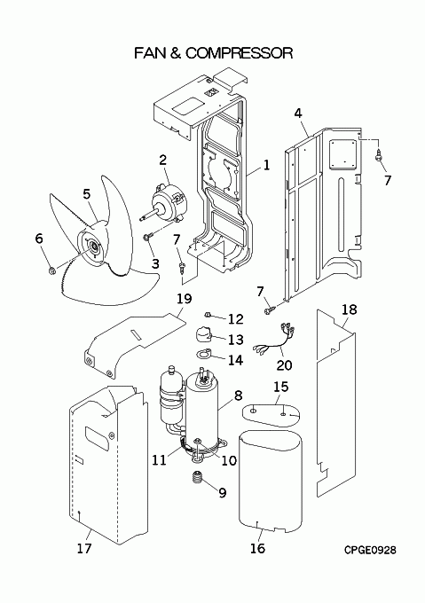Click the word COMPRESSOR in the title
click(238, 53)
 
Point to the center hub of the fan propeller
click(92, 249)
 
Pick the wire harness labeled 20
click(271, 341)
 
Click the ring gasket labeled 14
click(205, 357)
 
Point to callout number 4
click(298, 113)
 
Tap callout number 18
click(349, 309)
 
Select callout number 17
click(83, 549)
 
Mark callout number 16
click(257, 549)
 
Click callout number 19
click(183, 298)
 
